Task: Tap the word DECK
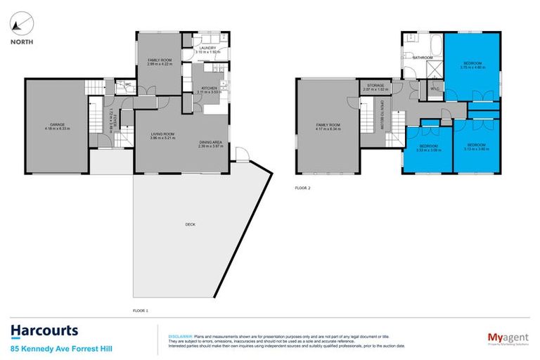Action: (x=190, y=224)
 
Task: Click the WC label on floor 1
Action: (x=127, y=85)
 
